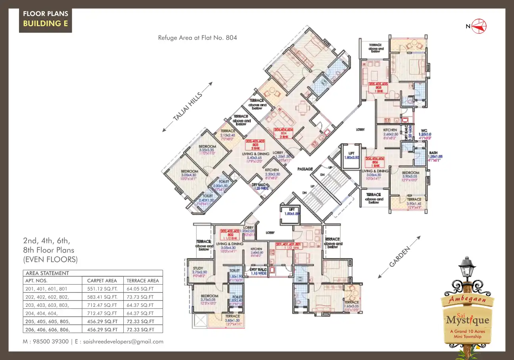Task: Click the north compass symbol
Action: [479, 26]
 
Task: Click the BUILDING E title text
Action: [45, 23]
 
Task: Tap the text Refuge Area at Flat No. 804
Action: [197, 38]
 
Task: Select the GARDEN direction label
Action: [399, 257]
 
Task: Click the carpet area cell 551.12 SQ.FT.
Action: [102, 289]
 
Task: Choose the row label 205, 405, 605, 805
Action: [48, 321]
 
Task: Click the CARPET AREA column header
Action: [102, 280]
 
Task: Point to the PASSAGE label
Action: [305, 169]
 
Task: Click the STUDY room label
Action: [198, 262]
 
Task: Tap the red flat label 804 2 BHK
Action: [283, 133]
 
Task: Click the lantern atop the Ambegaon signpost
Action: [467, 268]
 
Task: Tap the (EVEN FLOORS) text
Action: [50, 260]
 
